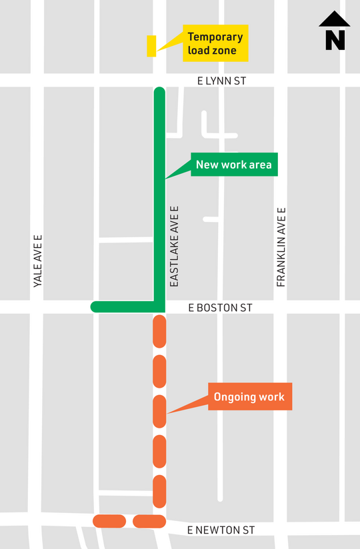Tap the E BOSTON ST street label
[x=221, y=308]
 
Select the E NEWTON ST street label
[x=221, y=530]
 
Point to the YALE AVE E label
[x=38, y=261]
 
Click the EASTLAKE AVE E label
[x=175, y=246]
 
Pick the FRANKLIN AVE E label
[x=281, y=247]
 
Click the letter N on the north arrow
[x=335, y=41]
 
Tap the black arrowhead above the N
[x=335, y=20]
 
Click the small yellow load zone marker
[x=151, y=46]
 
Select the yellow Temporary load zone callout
[x=215, y=43]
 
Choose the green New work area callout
[x=233, y=165]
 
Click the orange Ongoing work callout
[x=249, y=397]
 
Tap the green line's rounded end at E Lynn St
[x=159, y=92]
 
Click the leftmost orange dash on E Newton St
[x=109, y=520]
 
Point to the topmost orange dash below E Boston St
[x=159, y=332]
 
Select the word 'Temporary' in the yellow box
[x=215, y=37]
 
